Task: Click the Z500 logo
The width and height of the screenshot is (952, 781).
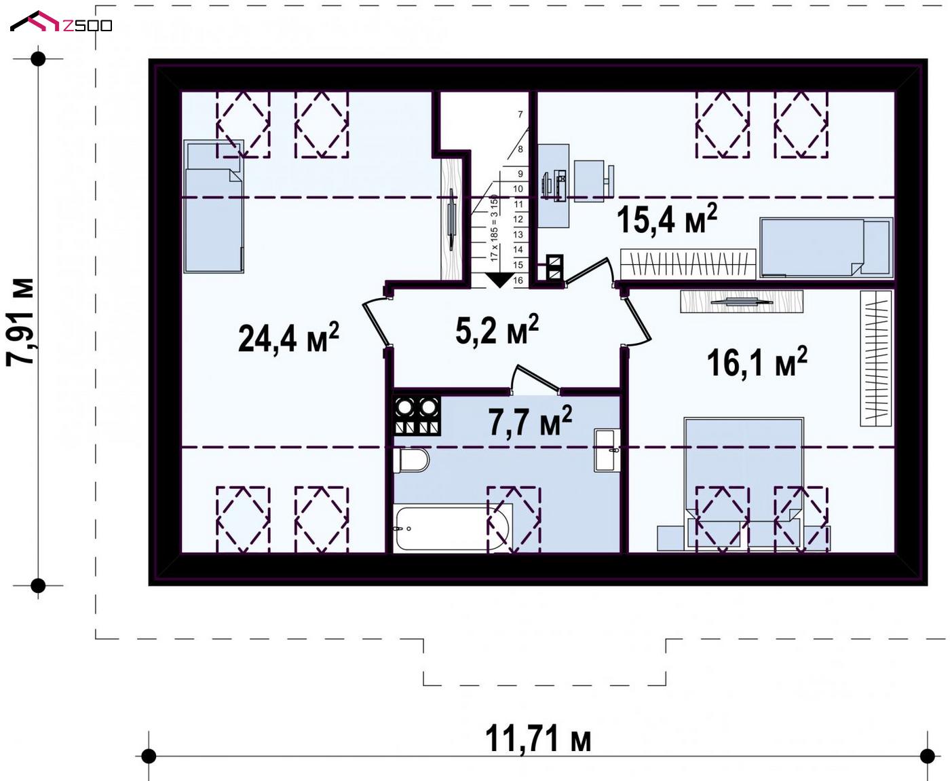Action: point(61,22)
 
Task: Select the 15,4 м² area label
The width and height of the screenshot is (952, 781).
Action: point(667,219)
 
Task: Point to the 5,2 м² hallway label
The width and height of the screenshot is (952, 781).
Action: point(497,329)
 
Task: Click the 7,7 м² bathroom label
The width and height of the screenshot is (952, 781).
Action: point(531,421)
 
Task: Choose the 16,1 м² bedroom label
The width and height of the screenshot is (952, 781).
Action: point(757,362)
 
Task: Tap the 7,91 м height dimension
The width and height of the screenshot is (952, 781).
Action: point(20,322)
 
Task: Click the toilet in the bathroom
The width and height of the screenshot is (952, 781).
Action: point(411,460)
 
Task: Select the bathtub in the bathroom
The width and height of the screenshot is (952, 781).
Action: point(453,528)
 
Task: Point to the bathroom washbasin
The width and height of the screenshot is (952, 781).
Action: point(607,450)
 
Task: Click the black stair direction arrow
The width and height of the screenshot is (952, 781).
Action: point(499,280)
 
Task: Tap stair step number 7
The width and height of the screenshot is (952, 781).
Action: point(520,115)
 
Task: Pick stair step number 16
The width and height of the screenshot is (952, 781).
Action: point(518,280)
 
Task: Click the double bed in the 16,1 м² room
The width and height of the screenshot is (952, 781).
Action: point(744,484)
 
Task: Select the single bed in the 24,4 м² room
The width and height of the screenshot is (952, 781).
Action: point(214,206)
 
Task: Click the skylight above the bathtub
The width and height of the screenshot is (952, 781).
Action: point(514,520)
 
